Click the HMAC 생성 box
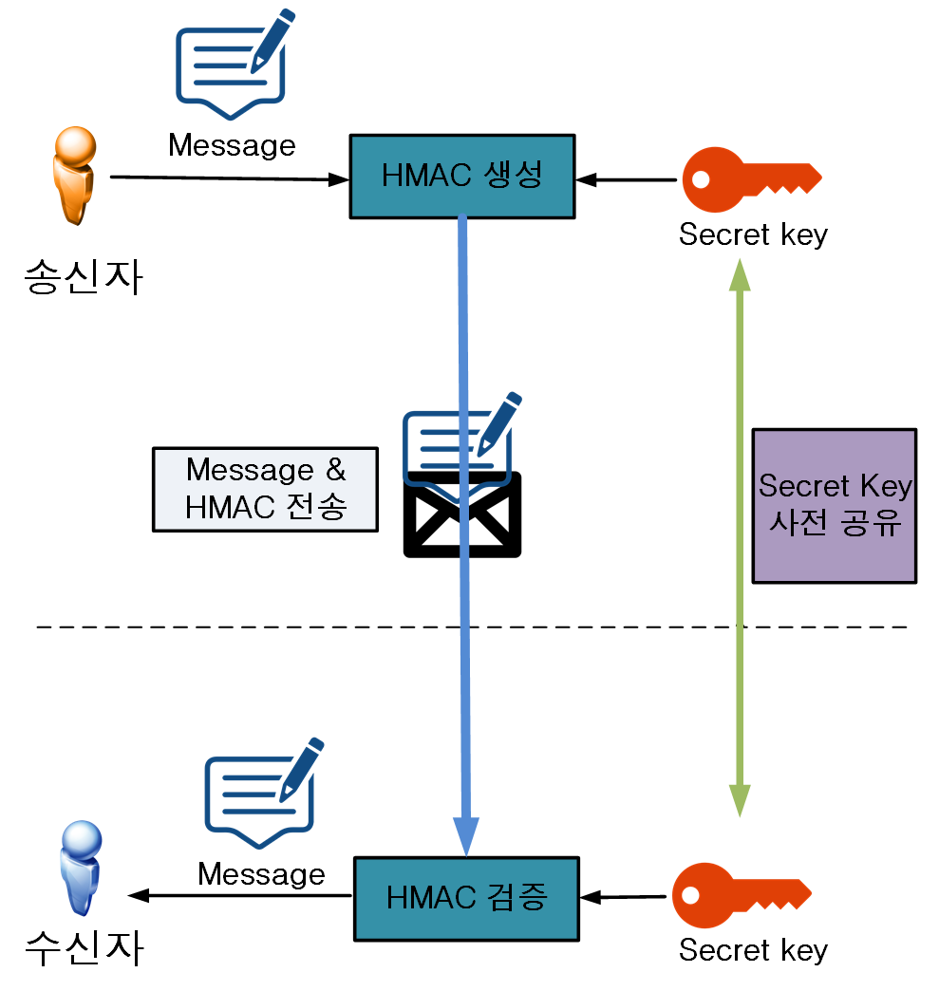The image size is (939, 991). (x=462, y=177)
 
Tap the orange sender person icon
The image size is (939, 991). (x=74, y=178)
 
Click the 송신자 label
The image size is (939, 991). (x=84, y=277)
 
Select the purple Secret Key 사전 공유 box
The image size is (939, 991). (x=834, y=505)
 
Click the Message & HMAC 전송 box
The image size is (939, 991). (x=266, y=488)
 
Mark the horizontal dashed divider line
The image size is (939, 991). (x=285, y=627)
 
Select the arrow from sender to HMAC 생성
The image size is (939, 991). (x=228, y=178)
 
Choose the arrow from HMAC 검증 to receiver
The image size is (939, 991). (x=242, y=894)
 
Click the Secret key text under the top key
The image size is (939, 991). (x=753, y=234)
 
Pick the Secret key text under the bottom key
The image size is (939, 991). (x=753, y=949)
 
